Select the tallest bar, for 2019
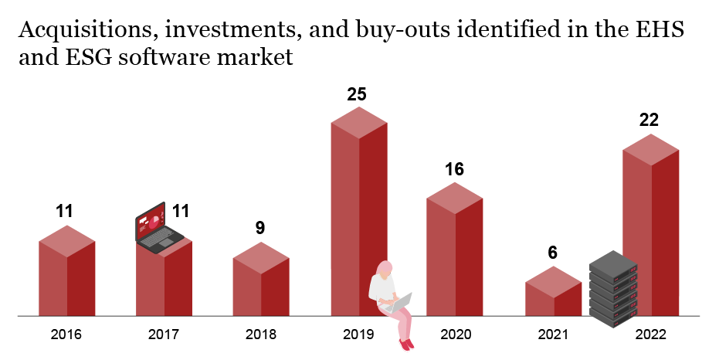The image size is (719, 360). click(358, 201)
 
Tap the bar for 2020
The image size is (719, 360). click(455, 255)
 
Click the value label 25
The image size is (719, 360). click(357, 95)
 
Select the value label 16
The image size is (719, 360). click(455, 169)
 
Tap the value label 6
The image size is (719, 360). click(553, 253)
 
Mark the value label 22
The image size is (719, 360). click(649, 121)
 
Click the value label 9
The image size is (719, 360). click(260, 228)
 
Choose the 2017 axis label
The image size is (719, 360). click(164, 335)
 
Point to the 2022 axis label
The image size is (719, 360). click(650, 335)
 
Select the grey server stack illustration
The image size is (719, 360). click(613, 287)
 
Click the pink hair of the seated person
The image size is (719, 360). click(384, 268)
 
